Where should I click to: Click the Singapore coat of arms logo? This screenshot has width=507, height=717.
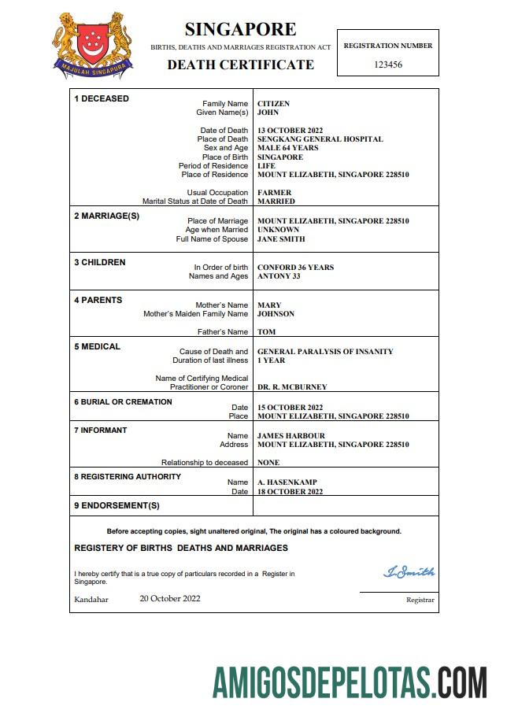pyautogui.click(x=93, y=45)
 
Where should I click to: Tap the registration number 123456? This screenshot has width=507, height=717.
pyautogui.click(x=388, y=65)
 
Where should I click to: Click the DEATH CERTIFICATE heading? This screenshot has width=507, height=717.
pyautogui.click(x=240, y=65)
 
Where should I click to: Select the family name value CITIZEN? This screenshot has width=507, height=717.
pyautogui.click(x=273, y=104)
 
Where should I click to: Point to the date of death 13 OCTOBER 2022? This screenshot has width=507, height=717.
pyautogui.click(x=291, y=131)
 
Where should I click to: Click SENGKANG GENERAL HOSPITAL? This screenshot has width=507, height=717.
pyautogui.click(x=320, y=139)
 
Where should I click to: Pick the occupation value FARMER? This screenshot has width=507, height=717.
pyautogui.click(x=274, y=193)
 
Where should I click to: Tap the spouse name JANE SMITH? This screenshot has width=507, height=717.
pyautogui.click(x=281, y=239)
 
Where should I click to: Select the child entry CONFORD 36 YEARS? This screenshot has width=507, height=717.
pyautogui.click(x=295, y=268)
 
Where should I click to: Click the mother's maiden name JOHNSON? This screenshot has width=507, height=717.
pyautogui.click(x=276, y=314)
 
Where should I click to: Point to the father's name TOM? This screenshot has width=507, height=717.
pyautogui.click(x=266, y=332)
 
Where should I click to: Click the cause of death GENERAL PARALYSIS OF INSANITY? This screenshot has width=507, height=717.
pyautogui.click(x=325, y=352)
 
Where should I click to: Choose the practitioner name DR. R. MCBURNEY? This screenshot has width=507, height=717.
pyautogui.click(x=292, y=387)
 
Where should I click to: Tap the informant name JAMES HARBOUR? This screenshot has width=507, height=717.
pyautogui.click(x=291, y=436)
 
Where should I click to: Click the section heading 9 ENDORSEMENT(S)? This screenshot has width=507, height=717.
pyautogui.click(x=117, y=505)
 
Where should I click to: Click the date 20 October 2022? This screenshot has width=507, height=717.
pyautogui.click(x=170, y=598)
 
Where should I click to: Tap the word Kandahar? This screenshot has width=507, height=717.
pyautogui.click(x=91, y=600)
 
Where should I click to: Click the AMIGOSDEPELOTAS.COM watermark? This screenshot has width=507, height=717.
pyautogui.click(x=350, y=682)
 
